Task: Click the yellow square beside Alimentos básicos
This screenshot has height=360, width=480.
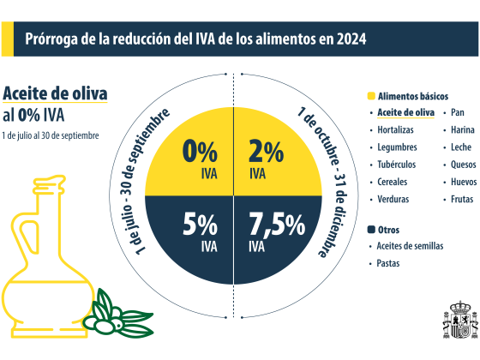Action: click(370, 96)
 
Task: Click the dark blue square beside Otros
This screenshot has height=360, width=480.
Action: click(370, 230)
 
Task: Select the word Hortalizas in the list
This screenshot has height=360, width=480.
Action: click(395, 130)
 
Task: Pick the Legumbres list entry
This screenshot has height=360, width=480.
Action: click(396, 147)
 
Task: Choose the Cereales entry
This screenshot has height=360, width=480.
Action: click(392, 182)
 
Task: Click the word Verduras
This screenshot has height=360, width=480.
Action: click(393, 199)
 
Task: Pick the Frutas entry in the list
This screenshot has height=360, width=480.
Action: click(462, 199)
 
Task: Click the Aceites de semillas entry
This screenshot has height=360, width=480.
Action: click(410, 246)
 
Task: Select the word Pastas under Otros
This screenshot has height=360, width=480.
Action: click(388, 263)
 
